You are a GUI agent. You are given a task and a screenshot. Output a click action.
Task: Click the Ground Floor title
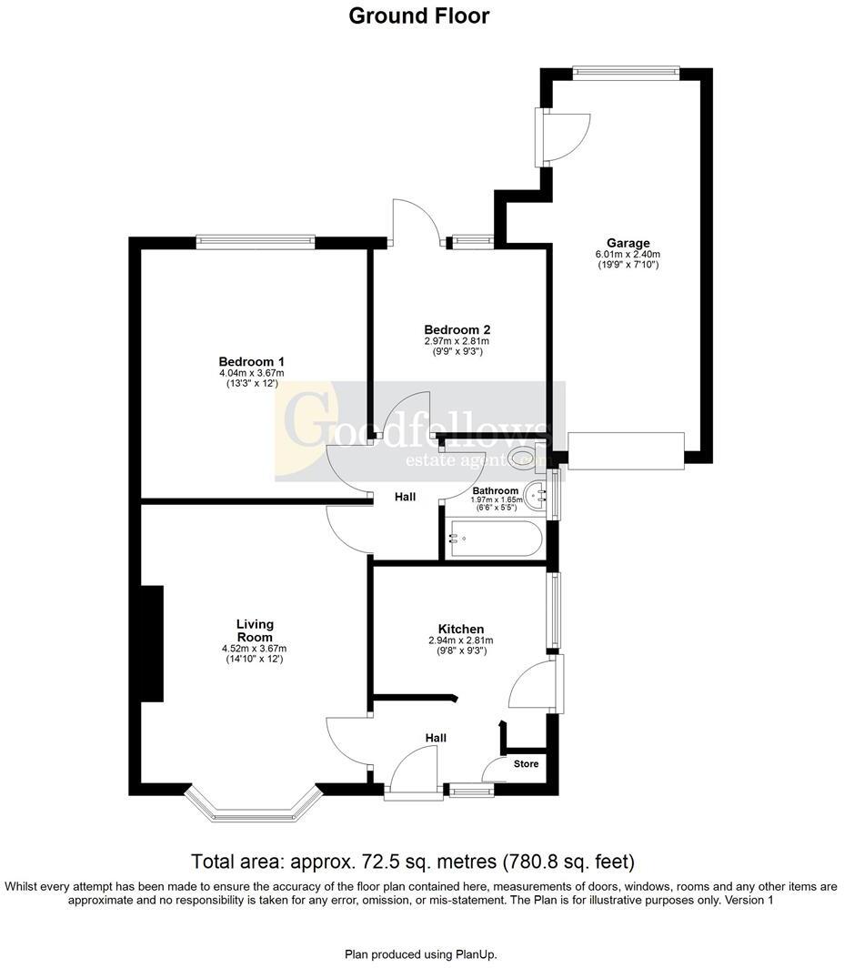pyautogui.click(x=419, y=16)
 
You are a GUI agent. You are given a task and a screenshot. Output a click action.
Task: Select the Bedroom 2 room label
pyautogui.click(x=457, y=329)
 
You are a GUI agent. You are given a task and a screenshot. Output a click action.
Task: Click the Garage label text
pyautogui.click(x=628, y=243)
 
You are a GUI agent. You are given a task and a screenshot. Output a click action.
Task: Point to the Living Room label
pyautogui.click(x=255, y=630)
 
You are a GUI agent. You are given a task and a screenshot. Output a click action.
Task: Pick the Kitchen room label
pyautogui.click(x=461, y=629)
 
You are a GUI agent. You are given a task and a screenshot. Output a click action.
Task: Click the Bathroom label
pyautogui.click(x=495, y=490)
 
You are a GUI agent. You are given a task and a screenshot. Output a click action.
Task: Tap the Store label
pyautogui.click(x=526, y=763)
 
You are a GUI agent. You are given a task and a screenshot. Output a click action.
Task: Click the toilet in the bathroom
pyautogui.click(x=526, y=457)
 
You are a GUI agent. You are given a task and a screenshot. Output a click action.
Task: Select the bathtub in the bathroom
pyautogui.click(x=494, y=539)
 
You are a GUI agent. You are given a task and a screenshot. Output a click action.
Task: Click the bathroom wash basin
pyautogui.click(x=542, y=497)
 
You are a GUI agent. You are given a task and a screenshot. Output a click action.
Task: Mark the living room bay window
pyautogui.click(x=254, y=804)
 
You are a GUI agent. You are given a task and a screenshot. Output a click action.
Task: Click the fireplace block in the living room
pyautogui.click(x=151, y=643)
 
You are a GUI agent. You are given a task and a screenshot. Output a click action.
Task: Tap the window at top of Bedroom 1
pyautogui.click(x=255, y=242)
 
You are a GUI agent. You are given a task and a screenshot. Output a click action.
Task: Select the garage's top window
pyautogui.click(x=626, y=74)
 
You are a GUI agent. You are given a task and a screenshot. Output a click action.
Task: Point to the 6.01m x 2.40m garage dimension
pyautogui.click(x=628, y=255)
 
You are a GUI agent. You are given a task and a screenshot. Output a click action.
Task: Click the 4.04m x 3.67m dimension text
pyautogui.click(x=252, y=373)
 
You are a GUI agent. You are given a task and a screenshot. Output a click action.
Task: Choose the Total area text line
pyautogui.click(x=412, y=861)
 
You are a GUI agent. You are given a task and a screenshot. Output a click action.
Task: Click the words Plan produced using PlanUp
pyautogui.click(x=419, y=954)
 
